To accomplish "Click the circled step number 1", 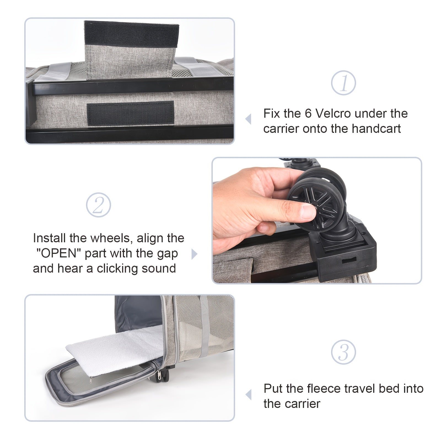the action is pos(343,83).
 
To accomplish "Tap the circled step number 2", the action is pos(98,205).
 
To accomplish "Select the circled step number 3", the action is pos(343,352).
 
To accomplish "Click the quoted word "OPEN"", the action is pos(58,253).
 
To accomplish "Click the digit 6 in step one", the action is pos(308,114).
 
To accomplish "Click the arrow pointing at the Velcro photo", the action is pos(248,119).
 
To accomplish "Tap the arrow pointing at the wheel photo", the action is pos(194,254).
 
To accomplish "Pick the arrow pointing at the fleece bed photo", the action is pos(248,395).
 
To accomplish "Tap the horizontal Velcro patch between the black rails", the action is pos(130,112).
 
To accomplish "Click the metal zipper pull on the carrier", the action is pos(159,375).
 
